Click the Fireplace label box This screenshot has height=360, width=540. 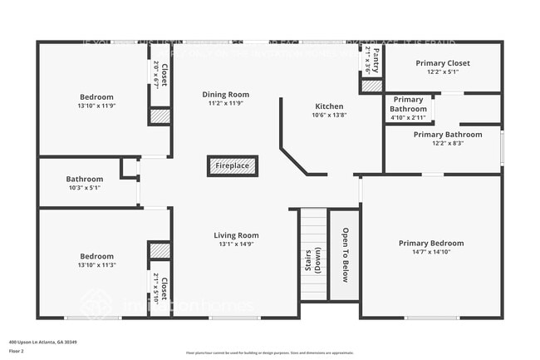coord(233,166)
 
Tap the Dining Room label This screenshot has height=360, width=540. coord(226,95)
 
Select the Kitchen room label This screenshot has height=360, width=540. coord(329,106)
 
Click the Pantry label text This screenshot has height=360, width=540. coord(376,60)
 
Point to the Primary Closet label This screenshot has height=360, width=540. coord(442,63)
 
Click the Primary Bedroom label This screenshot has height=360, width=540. coord(430,243)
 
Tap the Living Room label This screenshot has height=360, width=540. coord(237,235)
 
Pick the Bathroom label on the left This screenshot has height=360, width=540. coord(85,179)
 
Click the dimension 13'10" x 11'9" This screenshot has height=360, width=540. coord(96,106)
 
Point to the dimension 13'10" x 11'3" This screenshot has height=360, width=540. coord(96,264)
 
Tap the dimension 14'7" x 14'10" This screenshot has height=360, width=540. coord(430,252)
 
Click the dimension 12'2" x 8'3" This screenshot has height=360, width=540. coord(447,143)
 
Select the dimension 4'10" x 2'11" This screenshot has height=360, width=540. coord(408,117)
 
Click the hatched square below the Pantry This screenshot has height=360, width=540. coord(372,86)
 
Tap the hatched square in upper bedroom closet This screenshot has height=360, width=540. coord(160,116)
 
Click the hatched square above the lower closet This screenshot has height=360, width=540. coord(159,250)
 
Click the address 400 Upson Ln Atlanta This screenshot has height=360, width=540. coord(43,342)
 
